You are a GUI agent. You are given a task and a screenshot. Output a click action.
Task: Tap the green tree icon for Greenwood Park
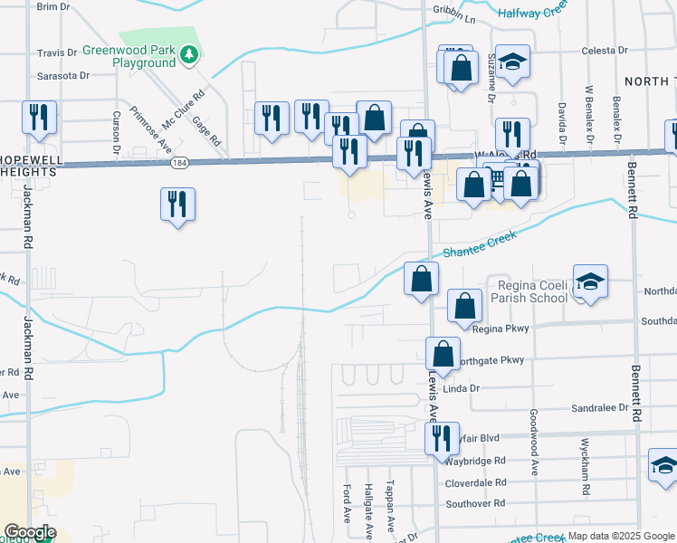188,56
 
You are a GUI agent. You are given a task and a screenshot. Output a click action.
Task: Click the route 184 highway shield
178,164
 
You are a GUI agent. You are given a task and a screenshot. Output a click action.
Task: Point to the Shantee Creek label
480,245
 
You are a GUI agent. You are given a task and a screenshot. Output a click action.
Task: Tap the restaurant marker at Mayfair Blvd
442,438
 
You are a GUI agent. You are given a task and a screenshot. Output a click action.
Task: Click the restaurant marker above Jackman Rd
39,117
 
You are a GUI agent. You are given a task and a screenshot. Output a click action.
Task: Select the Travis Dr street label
58,53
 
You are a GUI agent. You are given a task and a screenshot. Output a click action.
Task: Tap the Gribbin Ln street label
453,18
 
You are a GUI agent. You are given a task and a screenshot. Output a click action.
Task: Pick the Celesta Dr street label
605,52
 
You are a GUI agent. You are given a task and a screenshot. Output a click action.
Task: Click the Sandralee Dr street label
600,409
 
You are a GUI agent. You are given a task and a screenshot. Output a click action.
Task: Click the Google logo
30,532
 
